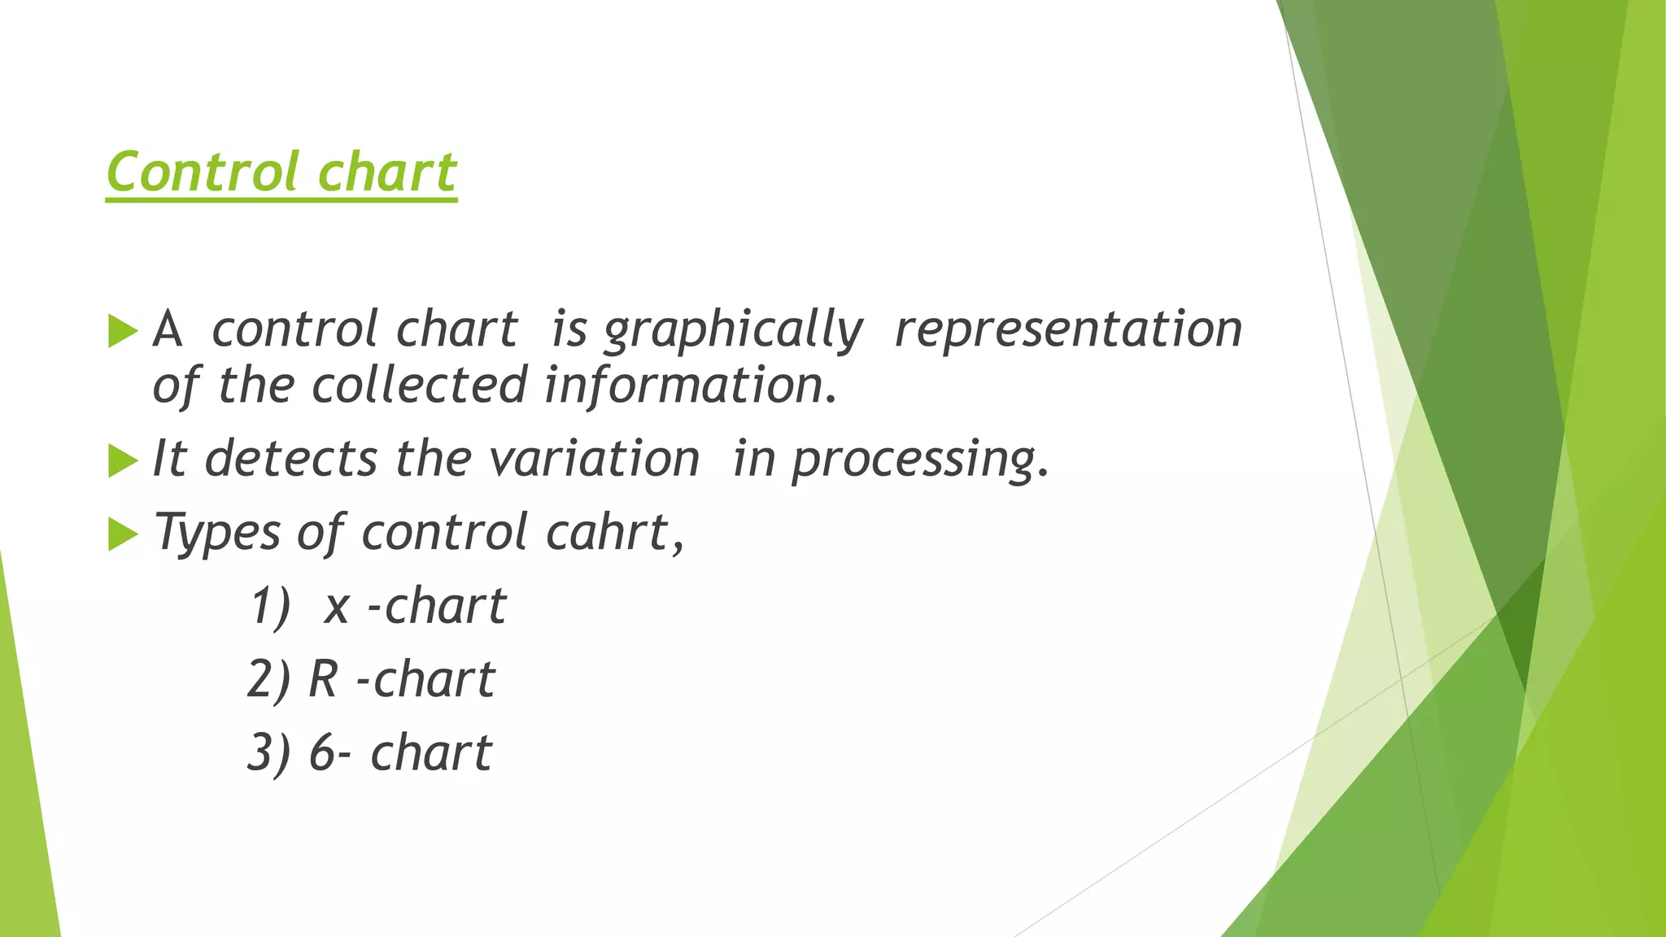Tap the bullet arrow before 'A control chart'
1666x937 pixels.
tap(122, 331)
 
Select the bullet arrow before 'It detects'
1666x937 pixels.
tap(122, 461)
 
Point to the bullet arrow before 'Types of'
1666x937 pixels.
tap(122, 534)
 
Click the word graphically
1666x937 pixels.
tap(732, 331)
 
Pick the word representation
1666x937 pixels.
tap(1068, 329)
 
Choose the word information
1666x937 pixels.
tap(689, 385)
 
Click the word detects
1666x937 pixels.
tap(291, 459)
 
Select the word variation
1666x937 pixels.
tap(595, 459)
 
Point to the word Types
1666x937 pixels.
tap(217, 534)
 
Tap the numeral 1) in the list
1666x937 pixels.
tap(269, 607)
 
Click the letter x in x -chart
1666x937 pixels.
tap(337, 607)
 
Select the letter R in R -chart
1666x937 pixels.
tap(323, 679)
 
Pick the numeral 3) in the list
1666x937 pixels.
tap(268, 753)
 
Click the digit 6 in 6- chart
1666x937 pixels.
tap(322, 753)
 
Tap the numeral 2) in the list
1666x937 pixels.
tap(268, 680)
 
